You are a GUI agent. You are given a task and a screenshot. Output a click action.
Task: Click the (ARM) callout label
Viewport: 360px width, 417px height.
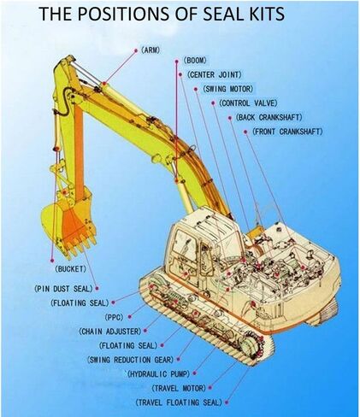coord(152,50)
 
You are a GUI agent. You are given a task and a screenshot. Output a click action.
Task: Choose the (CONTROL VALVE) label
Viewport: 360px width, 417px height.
coord(246,103)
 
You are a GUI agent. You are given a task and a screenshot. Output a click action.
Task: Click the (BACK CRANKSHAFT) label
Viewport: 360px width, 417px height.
coord(269,117)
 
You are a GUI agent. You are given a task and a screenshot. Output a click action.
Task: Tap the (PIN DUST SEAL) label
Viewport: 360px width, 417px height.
coord(62,289)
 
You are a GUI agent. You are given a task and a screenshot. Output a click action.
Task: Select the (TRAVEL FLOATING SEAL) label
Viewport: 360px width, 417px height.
coord(179,402)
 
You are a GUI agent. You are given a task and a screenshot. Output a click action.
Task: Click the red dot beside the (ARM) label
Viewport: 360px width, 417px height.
coord(133,50)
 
